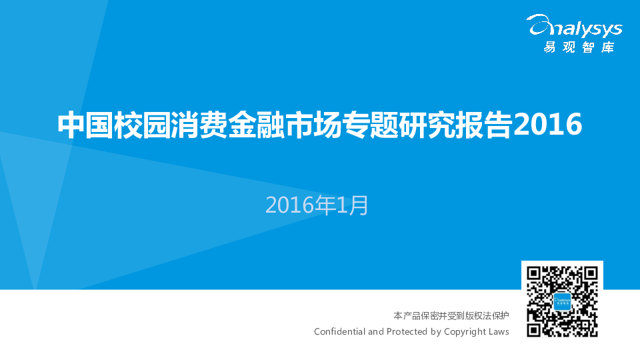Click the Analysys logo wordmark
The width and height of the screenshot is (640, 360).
574,26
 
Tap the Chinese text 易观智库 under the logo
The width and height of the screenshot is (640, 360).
579,47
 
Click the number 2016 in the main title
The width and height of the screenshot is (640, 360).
547,124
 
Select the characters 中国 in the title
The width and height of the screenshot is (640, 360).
85,125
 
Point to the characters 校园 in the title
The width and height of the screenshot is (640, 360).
141,125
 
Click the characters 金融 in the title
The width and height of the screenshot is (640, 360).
255,125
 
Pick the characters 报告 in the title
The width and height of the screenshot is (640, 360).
484,125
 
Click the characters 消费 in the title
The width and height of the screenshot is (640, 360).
199,125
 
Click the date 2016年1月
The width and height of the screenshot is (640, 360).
317,205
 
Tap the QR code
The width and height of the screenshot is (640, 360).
562,301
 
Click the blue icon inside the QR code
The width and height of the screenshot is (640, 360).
562,301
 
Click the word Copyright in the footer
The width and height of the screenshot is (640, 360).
464,332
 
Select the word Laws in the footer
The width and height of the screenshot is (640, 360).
498,331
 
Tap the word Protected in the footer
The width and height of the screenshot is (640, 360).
407,331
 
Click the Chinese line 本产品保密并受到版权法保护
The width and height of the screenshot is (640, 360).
451,315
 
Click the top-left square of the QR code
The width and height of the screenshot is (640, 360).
534,274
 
